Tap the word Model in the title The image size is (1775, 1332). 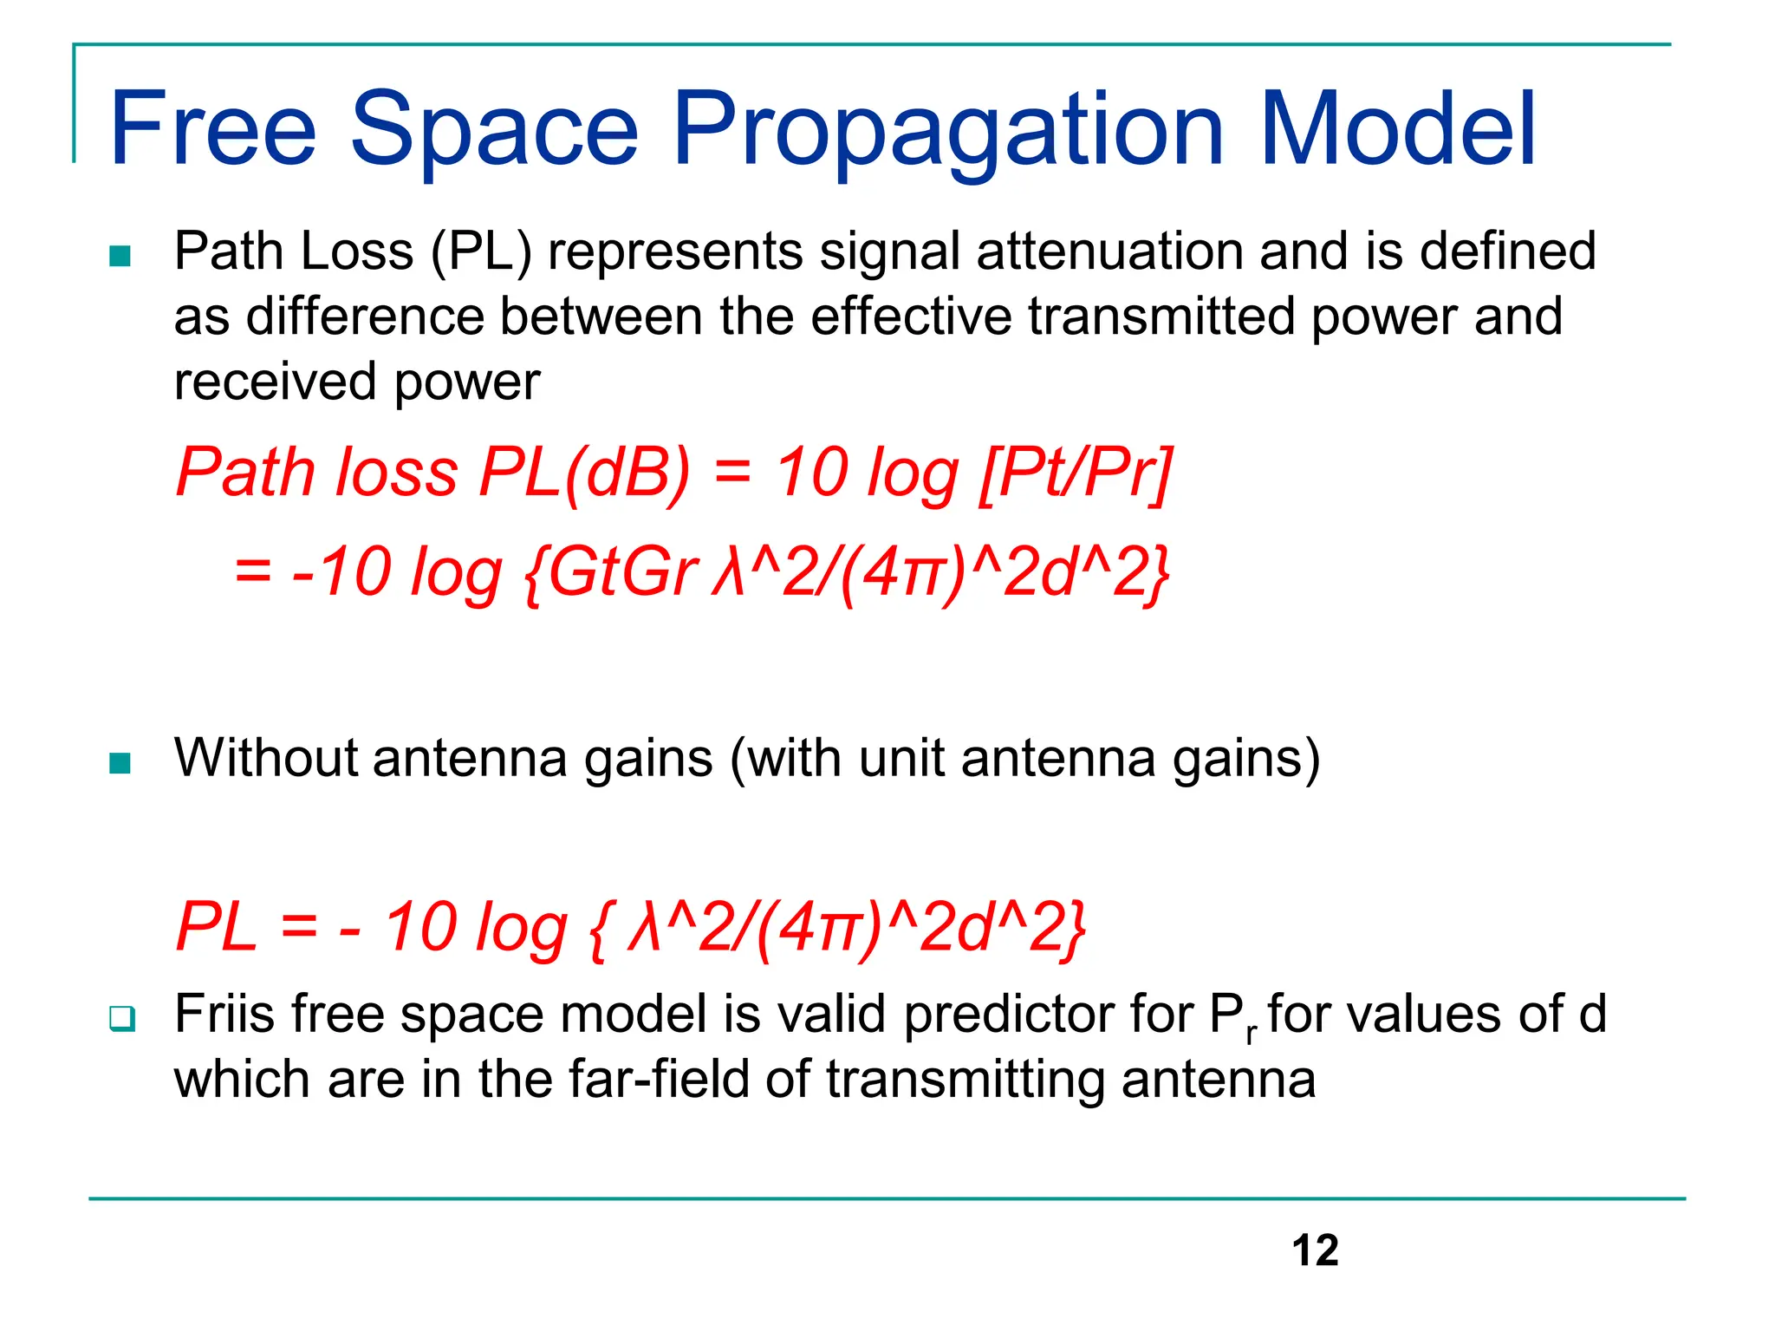click(x=1398, y=130)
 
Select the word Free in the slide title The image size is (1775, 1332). click(x=213, y=130)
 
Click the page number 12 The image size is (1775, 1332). click(x=1315, y=1250)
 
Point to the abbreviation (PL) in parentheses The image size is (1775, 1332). click(x=481, y=252)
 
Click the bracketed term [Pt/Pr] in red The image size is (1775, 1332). click(x=1076, y=473)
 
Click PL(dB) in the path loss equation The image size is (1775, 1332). click(x=585, y=473)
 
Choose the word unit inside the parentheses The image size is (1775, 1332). click(x=901, y=758)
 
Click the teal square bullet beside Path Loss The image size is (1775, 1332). click(x=120, y=257)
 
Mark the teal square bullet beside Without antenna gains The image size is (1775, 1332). click(x=120, y=763)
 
